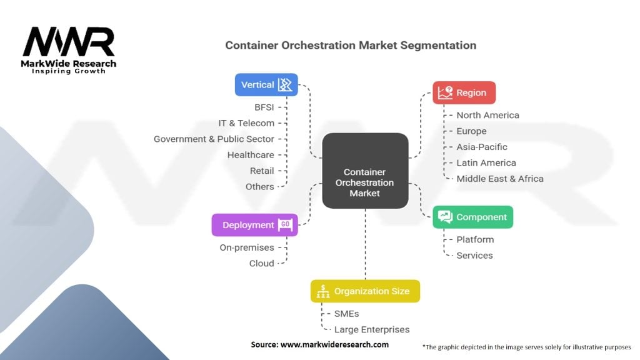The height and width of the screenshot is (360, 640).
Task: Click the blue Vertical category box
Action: coord(266,84)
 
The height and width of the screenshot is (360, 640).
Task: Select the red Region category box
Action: coord(464,92)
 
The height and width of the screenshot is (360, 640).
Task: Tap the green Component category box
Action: coord(472,217)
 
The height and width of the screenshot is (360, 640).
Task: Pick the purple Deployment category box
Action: coord(255,225)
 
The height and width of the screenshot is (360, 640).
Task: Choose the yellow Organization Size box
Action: coord(365,291)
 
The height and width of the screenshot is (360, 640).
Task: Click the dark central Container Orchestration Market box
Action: coord(365,171)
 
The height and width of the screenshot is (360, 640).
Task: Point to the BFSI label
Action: coord(264,107)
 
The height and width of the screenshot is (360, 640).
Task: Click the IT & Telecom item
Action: coord(246,123)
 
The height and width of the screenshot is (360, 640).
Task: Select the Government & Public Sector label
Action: coord(214,139)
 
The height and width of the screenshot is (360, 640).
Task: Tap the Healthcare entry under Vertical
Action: coord(251,155)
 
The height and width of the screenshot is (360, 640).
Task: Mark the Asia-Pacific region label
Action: coord(482,147)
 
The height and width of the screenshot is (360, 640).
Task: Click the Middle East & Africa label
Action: coord(500,179)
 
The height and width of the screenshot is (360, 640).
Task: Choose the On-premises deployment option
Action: coord(246,247)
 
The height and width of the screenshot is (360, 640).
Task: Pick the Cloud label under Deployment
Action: coord(262,264)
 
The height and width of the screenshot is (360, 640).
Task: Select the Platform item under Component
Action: coord(475,239)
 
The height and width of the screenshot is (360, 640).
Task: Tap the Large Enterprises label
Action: coord(372,330)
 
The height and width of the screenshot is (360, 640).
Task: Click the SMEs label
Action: coord(346,314)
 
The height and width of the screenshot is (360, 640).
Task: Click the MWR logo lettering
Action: coord(69,42)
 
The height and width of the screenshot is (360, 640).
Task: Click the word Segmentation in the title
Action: coord(438,45)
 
